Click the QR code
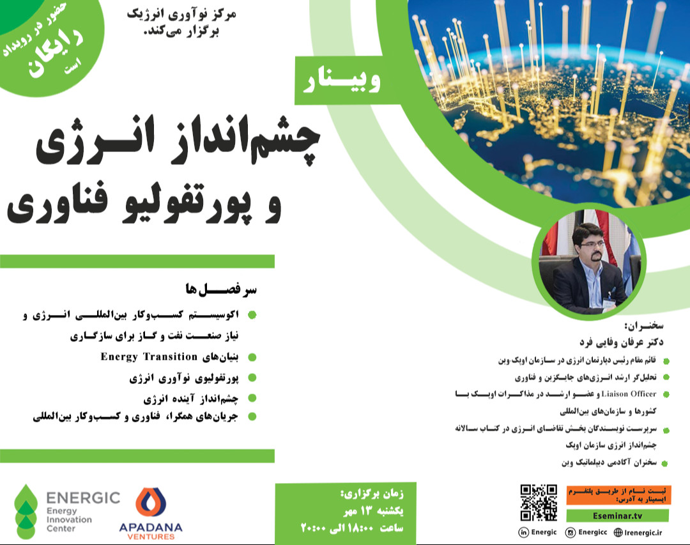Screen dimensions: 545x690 [x=539, y=503]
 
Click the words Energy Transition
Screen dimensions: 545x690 [x=149, y=357]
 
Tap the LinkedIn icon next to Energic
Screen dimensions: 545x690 [x=523, y=532]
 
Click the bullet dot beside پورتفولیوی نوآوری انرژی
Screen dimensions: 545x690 [x=252, y=379]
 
